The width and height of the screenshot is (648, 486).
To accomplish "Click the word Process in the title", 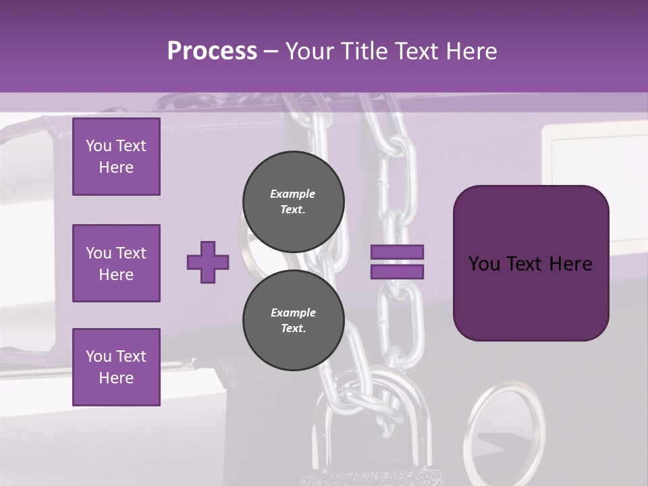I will (212, 51).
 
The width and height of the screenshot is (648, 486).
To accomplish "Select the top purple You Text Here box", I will (116, 157).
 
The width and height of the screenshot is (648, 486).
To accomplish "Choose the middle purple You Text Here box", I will (116, 263).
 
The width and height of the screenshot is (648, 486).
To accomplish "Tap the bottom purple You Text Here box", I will (116, 367).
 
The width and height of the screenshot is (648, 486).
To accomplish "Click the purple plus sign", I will (208, 261).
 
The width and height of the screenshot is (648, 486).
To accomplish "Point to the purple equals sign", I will (397, 262).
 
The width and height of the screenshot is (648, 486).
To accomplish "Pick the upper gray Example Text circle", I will (294, 201).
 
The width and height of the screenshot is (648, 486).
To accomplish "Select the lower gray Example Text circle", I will (294, 321).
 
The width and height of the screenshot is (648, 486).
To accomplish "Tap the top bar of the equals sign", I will (397, 252).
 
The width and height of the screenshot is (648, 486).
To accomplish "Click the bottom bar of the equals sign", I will (397, 271).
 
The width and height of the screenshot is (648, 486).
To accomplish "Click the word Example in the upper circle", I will (293, 194).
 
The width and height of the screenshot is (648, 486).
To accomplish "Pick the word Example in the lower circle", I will (293, 313).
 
